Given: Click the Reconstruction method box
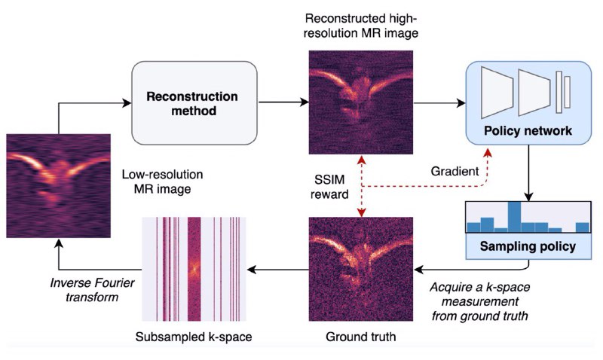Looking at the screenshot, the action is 194,103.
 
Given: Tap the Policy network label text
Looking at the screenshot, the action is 528,130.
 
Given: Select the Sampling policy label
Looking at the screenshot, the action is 528,246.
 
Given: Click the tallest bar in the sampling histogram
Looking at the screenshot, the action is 515,217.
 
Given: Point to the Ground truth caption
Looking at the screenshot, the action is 361,337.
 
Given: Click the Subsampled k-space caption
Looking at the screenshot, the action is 194,337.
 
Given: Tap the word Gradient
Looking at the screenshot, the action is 455,171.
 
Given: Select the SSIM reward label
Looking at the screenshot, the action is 329,187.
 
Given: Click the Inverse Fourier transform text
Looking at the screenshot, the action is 92,290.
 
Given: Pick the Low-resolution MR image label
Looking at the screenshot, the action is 162,182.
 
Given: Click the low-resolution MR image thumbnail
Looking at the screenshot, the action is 59,185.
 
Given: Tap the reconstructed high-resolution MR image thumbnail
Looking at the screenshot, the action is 361,102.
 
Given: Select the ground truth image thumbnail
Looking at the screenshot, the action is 361,269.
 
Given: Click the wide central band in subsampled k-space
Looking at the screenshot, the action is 194,269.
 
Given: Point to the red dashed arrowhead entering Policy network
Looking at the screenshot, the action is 488,153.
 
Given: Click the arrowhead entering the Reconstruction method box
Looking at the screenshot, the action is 127,102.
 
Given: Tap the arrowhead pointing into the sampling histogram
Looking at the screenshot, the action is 528,197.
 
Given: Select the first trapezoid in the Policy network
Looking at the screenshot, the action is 497,92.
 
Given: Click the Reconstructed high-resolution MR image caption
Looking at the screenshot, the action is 361,26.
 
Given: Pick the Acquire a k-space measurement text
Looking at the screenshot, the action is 480,301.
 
